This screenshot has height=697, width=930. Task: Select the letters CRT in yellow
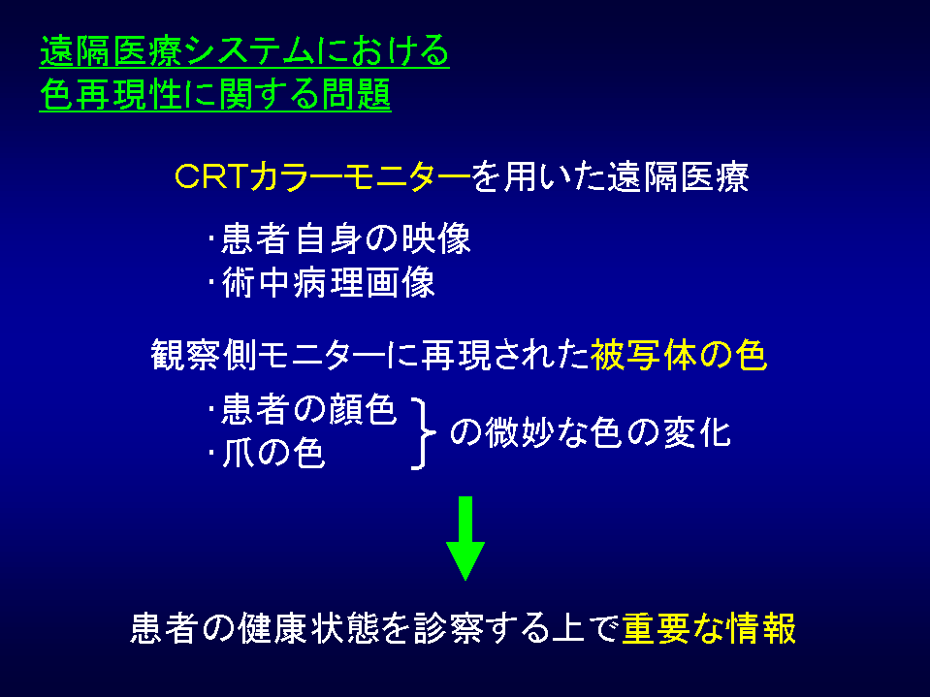210,176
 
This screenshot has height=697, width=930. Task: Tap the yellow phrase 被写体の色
679,356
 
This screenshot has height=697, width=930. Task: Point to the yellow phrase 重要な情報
709,628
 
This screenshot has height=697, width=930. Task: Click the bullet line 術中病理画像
322,283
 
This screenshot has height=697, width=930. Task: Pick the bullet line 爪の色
267,454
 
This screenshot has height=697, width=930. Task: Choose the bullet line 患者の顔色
304,409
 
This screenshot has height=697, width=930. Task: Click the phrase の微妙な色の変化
591,432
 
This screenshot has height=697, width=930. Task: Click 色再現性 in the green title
111,94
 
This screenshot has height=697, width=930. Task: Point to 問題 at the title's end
356,94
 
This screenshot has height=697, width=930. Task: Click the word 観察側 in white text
205,356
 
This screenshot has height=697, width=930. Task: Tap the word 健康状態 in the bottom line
308,628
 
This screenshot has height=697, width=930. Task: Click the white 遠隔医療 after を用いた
678,176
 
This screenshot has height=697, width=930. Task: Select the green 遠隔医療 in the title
111,50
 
